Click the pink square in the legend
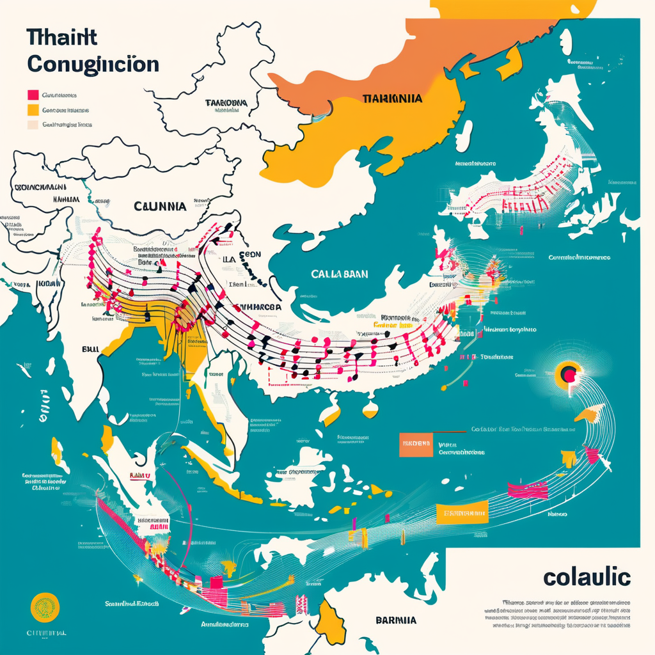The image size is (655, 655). click(33, 95)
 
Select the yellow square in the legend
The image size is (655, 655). click(33, 110)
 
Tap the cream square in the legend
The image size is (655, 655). click(33, 125)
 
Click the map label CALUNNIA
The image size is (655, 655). click(160, 207)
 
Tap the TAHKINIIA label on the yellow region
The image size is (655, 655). click(391, 99)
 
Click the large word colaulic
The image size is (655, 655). click(587, 576)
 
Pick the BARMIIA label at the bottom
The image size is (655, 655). click(395, 620)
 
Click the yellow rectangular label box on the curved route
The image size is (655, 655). click(461, 512)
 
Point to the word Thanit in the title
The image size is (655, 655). click(62, 37)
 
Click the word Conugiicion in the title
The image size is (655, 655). click(93, 64)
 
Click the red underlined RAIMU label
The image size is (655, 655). click(139, 476)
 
